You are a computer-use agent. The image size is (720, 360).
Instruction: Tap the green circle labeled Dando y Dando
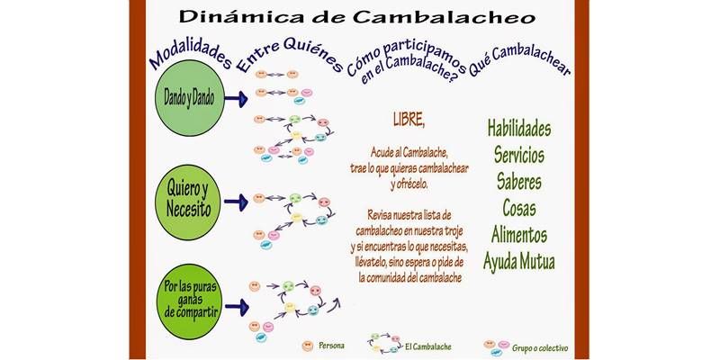click(x=190, y=98)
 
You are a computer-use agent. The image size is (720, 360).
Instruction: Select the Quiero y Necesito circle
click(x=188, y=202)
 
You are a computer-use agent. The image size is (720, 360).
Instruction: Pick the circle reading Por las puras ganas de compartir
click(x=189, y=301)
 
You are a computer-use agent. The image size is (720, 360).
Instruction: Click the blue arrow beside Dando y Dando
click(x=237, y=98)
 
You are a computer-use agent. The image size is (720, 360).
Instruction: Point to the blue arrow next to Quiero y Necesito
click(x=236, y=202)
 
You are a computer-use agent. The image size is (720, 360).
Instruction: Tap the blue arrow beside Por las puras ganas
click(x=237, y=307)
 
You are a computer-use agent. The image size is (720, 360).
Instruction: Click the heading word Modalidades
click(x=190, y=55)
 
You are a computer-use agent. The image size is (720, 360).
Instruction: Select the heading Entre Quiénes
click(x=290, y=54)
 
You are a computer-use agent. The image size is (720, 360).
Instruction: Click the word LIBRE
click(x=409, y=120)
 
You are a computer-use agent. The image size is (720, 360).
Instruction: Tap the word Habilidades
click(x=519, y=128)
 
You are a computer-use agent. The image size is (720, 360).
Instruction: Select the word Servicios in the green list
click(x=519, y=155)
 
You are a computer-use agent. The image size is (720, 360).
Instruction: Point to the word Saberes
click(x=519, y=182)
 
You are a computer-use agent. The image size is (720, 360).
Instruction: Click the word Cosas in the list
click(x=519, y=208)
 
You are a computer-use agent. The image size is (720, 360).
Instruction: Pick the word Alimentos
click(x=519, y=235)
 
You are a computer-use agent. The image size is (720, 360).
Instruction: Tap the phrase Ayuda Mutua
click(x=519, y=262)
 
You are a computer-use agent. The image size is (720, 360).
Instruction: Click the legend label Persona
click(x=331, y=346)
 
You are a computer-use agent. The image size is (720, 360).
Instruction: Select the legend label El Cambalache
click(x=428, y=346)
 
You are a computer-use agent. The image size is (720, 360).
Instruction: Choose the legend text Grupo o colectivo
click(x=540, y=348)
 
